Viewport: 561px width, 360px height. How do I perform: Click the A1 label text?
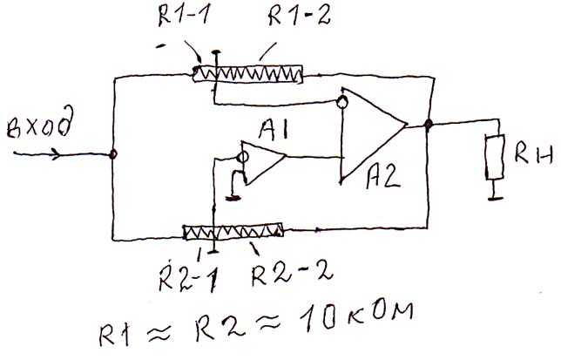(x=274, y=132)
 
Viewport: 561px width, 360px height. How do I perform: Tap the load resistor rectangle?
(x=495, y=158)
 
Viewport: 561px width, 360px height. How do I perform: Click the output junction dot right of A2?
(x=429, y=125)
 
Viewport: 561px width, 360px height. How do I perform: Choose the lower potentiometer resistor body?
(x=233, y=231)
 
